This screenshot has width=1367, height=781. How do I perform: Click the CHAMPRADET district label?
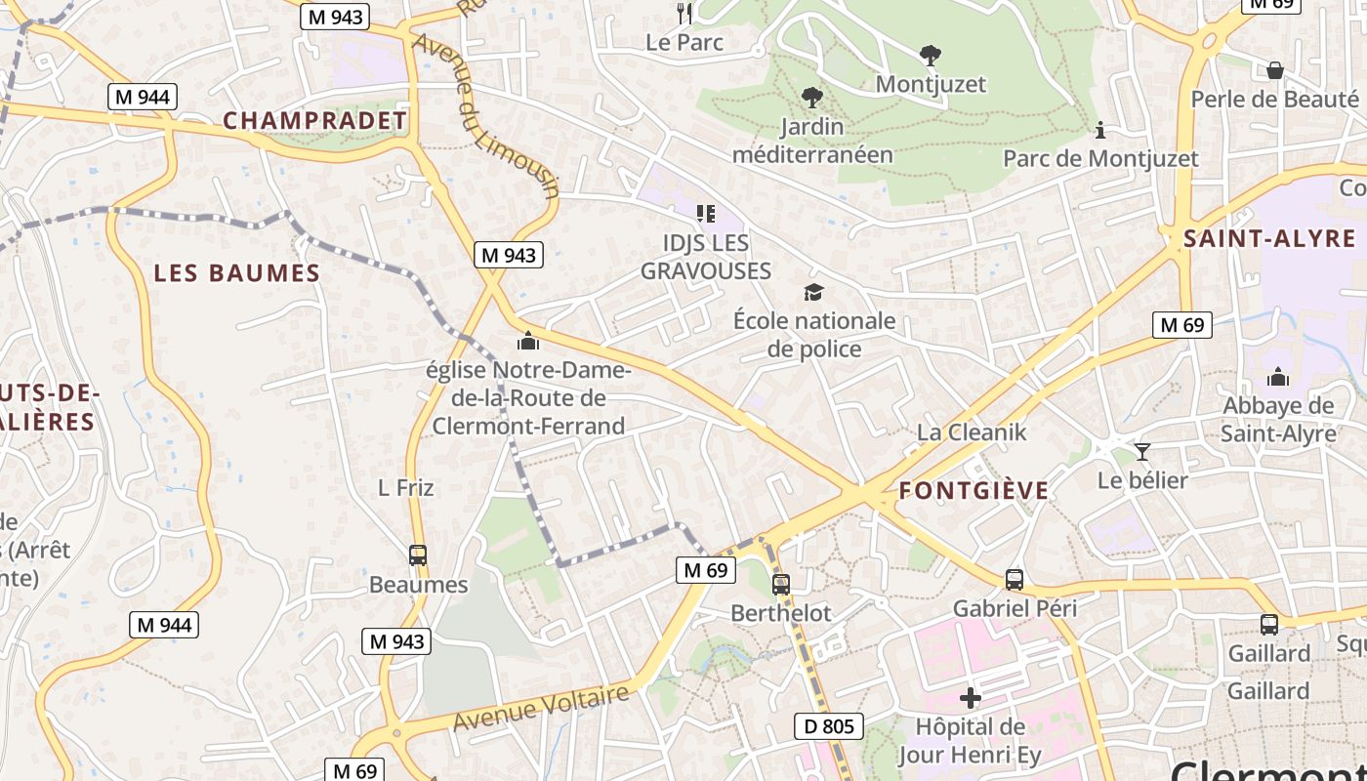coord(314,121)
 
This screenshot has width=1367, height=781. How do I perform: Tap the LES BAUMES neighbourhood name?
coord(237,273)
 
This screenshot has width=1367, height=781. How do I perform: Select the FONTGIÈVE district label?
coord(973,491)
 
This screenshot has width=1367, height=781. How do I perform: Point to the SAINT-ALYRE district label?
coord(1269,239)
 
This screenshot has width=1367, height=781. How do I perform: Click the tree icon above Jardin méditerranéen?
coord(811,98)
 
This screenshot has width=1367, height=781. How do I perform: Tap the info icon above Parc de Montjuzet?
coord(1100,130)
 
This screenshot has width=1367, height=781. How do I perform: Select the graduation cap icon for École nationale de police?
coord(813,292)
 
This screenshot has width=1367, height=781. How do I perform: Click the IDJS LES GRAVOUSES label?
coord(705,257)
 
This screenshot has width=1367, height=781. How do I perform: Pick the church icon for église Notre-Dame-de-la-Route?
coord(528,341)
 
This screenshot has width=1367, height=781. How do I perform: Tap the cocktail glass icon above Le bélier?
coord(1141,451)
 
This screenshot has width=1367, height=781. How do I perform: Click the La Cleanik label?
coord(972,432)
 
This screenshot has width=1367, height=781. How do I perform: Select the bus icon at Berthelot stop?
coord(780,585)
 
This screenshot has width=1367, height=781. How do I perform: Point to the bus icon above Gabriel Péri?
coord(1015,579)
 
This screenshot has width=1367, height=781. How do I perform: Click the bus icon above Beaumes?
coord(418,555)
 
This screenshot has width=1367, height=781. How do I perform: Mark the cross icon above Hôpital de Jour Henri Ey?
coord(970,698)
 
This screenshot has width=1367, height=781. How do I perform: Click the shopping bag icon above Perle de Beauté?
coord(1274,70)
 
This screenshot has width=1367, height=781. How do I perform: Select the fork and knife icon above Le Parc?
coord(684,13)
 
